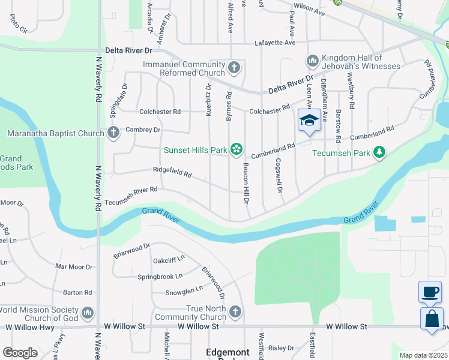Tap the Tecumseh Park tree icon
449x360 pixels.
pos(379,153)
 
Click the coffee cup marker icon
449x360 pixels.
pos(429,292)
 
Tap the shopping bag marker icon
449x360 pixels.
pos(432,319)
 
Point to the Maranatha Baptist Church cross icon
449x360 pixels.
pos(113,133)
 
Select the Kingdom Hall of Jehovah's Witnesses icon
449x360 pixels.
pos(312,61)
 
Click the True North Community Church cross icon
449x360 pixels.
pos(235,312)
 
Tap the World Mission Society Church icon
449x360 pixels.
pos(88,313)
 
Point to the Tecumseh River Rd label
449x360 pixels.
pos(131,189)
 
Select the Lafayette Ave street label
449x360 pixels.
pos(275,43)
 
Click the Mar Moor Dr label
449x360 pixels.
pos(74,266)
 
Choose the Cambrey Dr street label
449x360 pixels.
pos(143,130)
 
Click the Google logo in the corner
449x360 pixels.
pos(20,352)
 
